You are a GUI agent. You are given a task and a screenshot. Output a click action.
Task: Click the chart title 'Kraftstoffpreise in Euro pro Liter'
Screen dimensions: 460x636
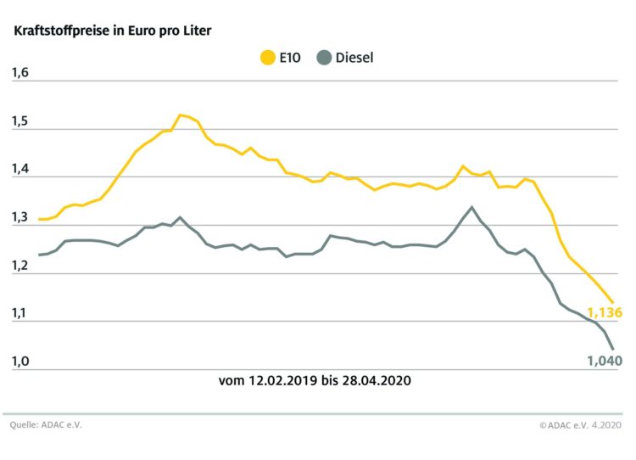tap(111, 31)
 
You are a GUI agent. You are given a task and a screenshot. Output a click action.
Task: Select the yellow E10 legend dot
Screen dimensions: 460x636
tap(266, 59)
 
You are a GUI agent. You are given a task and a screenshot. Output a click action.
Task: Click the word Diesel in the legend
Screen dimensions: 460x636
tap(354, 59)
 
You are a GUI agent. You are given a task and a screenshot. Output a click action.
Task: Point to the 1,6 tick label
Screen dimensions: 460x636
tap(20, 73)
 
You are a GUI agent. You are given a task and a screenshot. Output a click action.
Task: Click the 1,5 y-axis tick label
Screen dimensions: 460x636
tap(20, 121)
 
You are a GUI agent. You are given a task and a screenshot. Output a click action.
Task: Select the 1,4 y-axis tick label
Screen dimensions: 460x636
tap(20, 170)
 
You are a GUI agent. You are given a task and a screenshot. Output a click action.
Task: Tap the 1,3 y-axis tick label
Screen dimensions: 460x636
tap(20, 218)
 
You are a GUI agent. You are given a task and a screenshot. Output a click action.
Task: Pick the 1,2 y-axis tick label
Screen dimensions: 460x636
tap(20, 266)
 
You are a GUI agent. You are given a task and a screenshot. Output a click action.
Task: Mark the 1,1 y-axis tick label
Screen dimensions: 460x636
tap(20, 314)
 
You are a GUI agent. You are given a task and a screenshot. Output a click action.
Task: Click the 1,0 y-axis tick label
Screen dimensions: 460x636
tap(20, 362)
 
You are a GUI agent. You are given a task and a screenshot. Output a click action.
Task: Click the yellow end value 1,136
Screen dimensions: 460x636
tap(605, 312)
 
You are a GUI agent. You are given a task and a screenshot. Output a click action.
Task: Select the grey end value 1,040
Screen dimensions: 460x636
tap(605, 361)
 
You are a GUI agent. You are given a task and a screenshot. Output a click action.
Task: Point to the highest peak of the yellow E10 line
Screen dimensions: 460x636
tap(180, 115)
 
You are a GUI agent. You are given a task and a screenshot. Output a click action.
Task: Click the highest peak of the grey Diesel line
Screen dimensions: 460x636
tap(471, 207)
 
